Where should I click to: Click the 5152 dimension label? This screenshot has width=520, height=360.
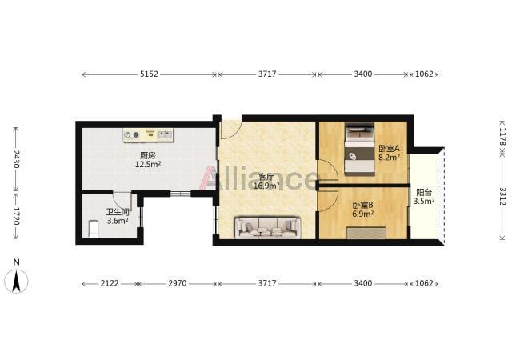coord(149,74)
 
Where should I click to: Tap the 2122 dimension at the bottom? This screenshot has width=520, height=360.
coord(110,283)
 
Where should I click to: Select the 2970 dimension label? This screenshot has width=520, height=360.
coord(178,283)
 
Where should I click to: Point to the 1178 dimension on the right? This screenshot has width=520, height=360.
coord(502,138)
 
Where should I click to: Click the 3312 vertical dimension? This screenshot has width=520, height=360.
coord(502,196)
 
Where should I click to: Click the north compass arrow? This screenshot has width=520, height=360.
coord(16,281)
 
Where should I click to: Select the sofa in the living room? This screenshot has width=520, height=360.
coord(267,228)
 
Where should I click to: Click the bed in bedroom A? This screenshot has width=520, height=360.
coord(360,149)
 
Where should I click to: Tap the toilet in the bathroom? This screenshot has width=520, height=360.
coord(94,229)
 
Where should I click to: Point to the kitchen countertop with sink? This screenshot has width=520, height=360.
coord(148,135)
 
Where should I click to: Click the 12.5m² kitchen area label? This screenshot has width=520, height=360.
coord(148,164)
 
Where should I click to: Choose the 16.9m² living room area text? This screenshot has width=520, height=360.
coord(266,186)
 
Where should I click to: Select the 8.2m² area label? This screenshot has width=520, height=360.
coord(390,158)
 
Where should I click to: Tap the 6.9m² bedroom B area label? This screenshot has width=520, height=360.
coord(363,214)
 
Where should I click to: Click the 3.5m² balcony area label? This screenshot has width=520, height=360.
coord(424,201)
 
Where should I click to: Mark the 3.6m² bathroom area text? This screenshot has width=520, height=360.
coord(118,221)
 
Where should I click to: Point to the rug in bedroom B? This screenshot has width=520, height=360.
coord(366,233)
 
